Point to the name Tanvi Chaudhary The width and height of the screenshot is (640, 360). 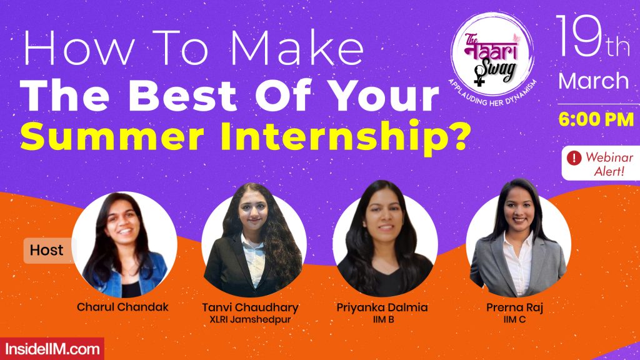tap(250, 307)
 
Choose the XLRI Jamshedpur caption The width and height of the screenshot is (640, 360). tap(250, 320)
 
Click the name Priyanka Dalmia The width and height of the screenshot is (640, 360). tap(383, 307)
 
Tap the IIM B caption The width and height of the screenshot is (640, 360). tap(382, 320)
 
